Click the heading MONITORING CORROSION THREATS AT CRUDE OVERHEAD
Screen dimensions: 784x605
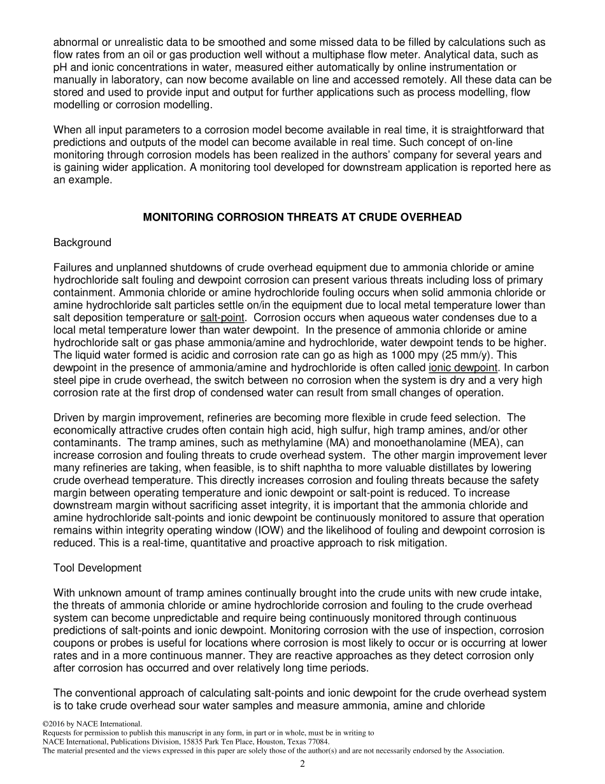[302, 217]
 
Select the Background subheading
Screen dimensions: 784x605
[82, 242]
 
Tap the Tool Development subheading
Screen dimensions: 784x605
[97, 568]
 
